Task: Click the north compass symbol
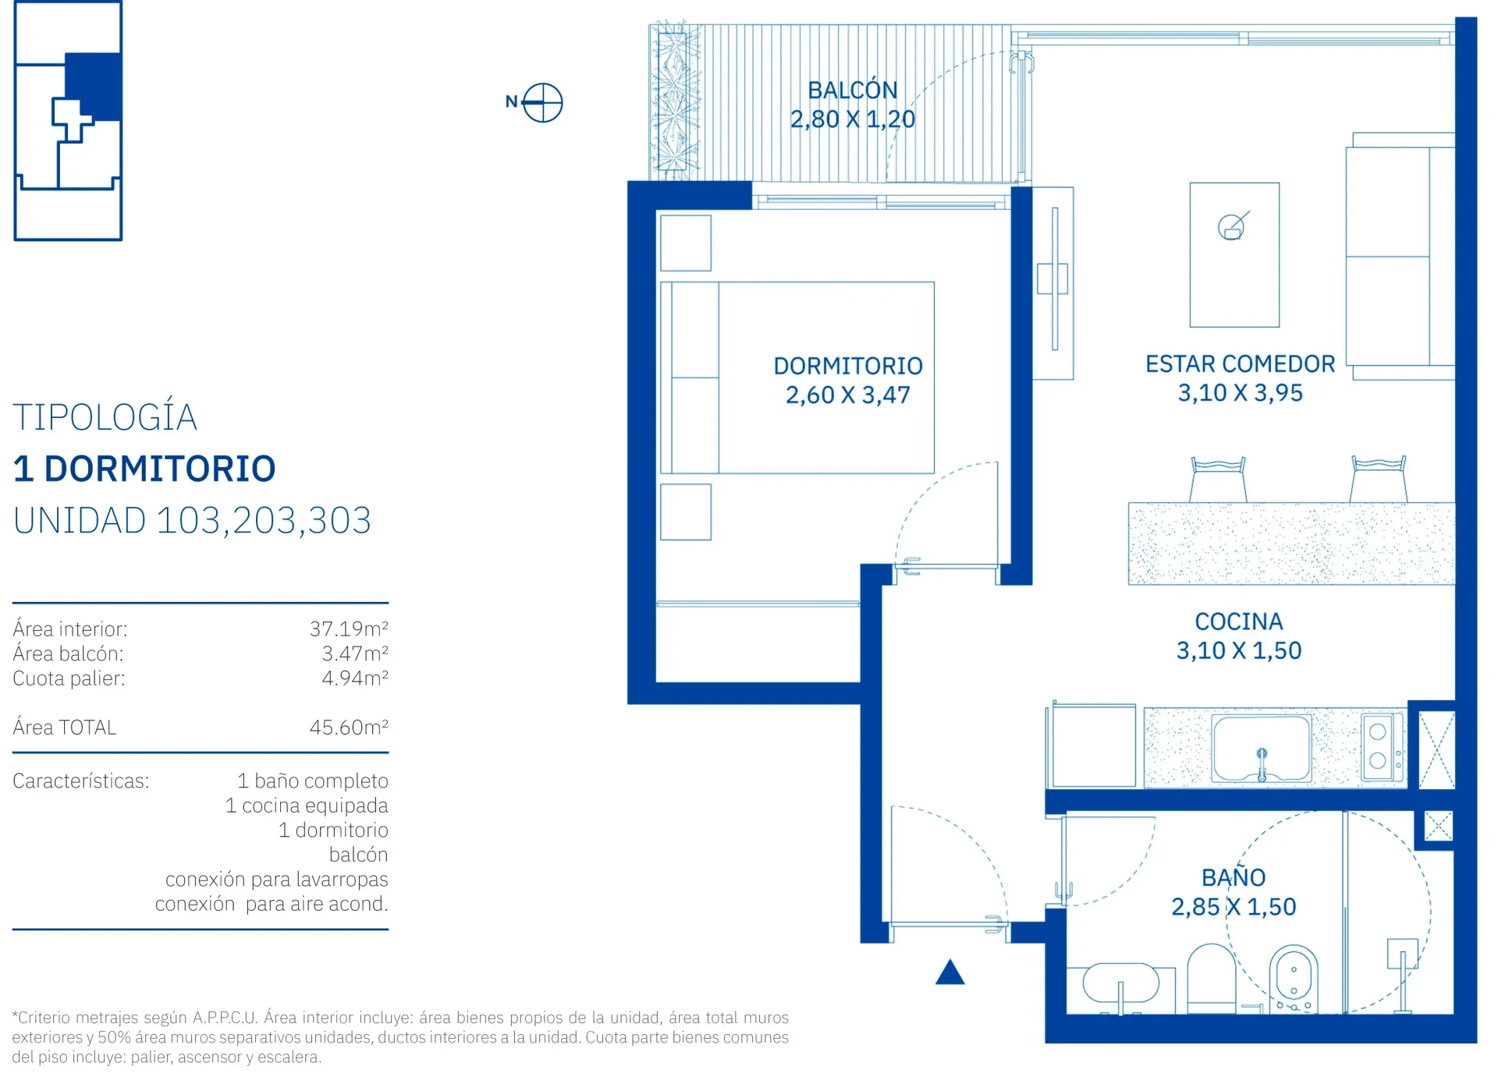[x=542, y=102]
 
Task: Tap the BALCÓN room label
[x=852, y=90]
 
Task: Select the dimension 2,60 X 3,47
[x=847, y=395]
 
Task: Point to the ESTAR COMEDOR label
[x=1240, y=363]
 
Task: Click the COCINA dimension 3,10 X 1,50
[x=1239, y=650]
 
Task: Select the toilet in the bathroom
[x=1211, y=978]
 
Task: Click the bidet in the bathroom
[x=1294, y=979]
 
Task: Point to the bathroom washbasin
[x=1121, y=984]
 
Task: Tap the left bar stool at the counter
[x=1218, y=480]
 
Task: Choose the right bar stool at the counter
[x=1379, y=480]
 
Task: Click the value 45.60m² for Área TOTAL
[x=349, y=727]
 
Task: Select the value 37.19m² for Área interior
[x=349, y=628]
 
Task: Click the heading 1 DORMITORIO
[x=144, y=469]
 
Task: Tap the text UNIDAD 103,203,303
[x=192, y=520]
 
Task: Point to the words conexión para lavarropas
[x=276, y=879]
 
